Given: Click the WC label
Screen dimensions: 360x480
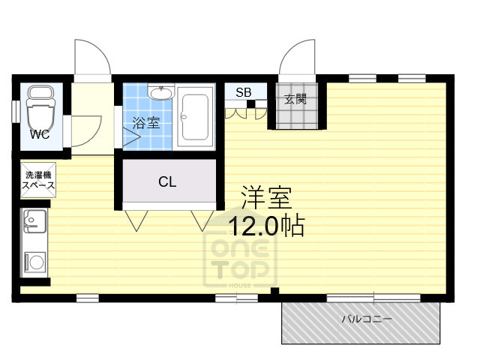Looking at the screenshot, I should pos(39,134).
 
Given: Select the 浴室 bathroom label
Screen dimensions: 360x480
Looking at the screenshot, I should pos(146,124).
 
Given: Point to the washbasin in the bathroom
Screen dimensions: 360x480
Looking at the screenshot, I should pos(160,94).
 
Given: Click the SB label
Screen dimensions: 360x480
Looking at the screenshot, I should pos(243,93).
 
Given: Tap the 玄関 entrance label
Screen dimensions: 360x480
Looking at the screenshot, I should pos(295,99).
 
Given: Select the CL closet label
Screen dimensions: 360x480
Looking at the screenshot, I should pos(167,182).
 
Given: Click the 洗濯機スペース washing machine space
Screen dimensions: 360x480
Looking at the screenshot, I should pos(35,180).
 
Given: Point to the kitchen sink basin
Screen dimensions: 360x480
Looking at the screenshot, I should pos(34,221).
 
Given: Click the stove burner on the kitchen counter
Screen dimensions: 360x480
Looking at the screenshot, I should pos(34,262).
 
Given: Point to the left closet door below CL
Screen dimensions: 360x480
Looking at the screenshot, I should pos(136,218).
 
